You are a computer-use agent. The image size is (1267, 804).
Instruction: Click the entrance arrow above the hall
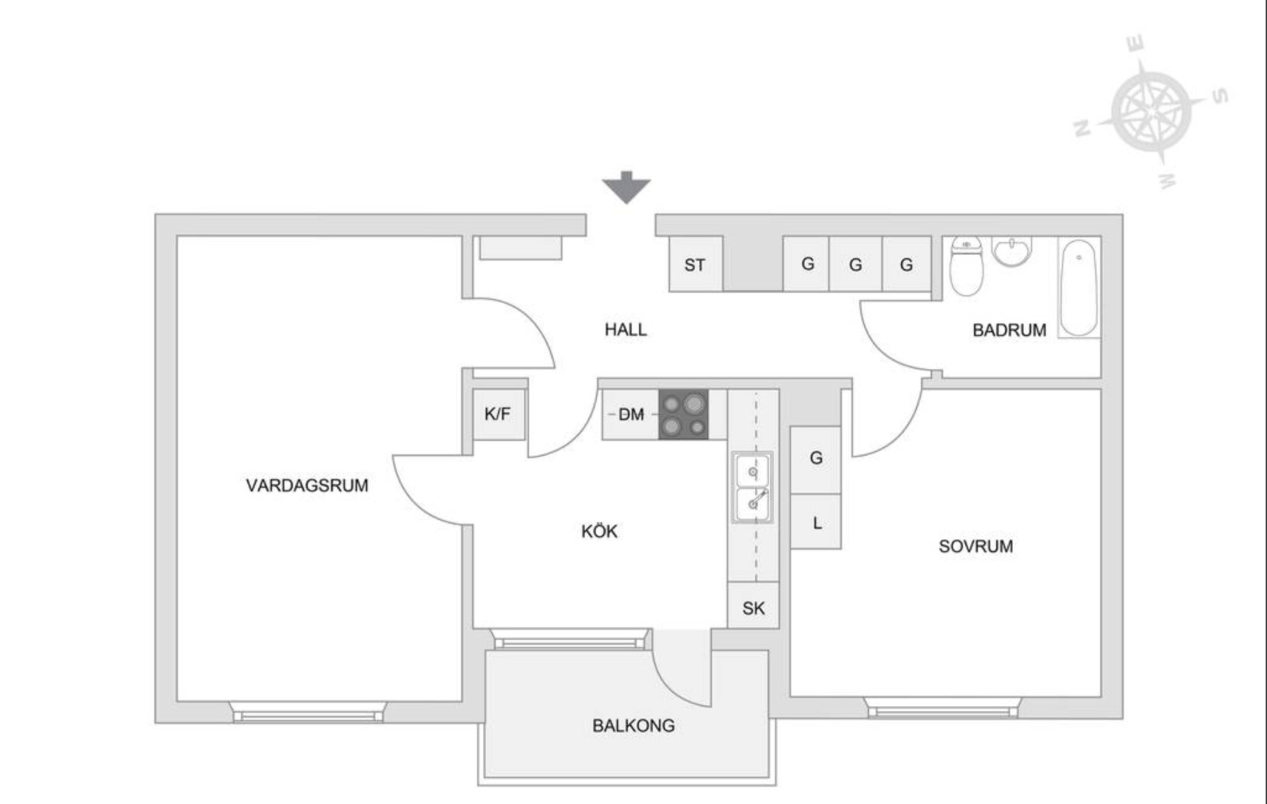coord(626,188)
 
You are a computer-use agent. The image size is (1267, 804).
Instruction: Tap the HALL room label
coord(626,330)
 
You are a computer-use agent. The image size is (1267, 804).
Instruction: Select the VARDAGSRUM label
coord(307,485)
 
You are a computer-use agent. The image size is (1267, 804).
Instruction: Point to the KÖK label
coord(599,531)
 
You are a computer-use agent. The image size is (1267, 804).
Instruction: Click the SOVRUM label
coord(976,546)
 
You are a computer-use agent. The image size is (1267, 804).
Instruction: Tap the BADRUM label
coord(1010,330)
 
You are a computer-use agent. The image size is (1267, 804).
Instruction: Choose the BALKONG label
coord(633,726)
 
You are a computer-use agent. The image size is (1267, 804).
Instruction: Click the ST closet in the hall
coord(696,264)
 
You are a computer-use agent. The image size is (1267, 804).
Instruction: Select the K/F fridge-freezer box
coord(499,415)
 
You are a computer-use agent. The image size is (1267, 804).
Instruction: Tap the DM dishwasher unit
coord(630,415)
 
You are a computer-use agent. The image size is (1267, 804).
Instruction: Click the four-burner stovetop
coord(683,415)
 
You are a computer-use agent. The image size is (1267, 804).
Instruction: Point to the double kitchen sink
coord(752,487)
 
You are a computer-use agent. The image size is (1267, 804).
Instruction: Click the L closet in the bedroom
coord(816,521)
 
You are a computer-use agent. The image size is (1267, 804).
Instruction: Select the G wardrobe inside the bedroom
coord(816,460)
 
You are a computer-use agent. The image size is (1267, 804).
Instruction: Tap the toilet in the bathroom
coord(966,267)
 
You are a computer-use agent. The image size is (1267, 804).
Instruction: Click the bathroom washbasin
coord(1012,251)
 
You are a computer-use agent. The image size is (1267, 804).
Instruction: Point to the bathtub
coord(1079,288)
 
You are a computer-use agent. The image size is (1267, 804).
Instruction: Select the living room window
coord(308,712)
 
